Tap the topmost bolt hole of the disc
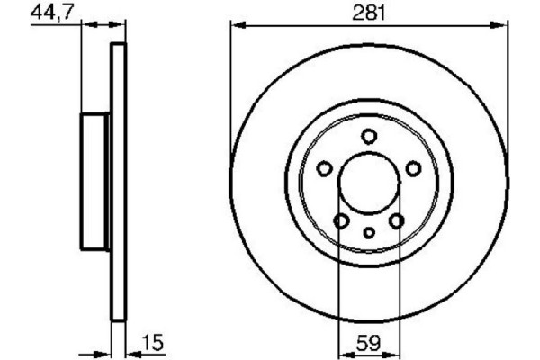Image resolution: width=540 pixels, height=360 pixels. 369,136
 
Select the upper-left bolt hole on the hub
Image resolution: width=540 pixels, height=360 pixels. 324,168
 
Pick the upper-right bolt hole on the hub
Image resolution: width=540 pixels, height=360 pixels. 414,168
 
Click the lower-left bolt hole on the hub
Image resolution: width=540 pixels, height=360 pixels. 341,221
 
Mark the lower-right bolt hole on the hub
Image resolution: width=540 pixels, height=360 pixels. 397,221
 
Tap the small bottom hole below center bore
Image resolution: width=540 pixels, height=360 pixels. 369,233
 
